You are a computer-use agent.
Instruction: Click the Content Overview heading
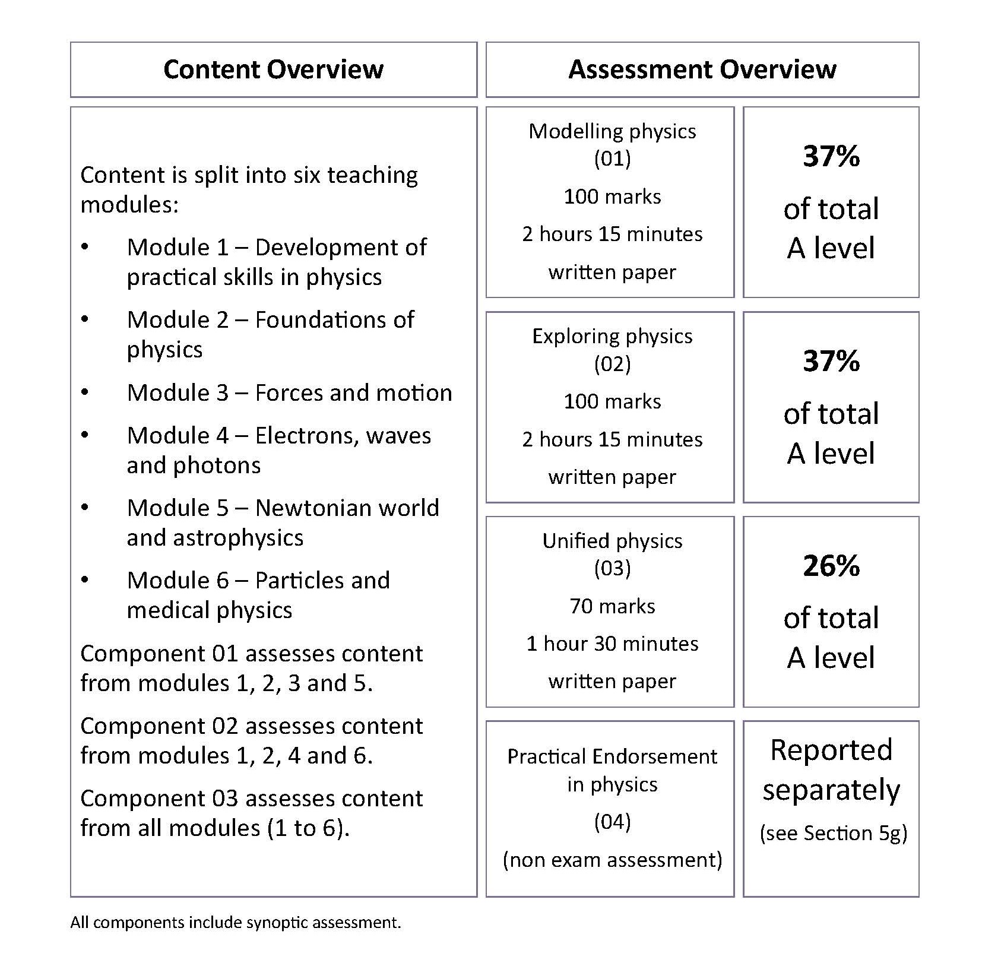click(x=273, y=69)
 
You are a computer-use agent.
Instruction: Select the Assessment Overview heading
click(x=702, y=69)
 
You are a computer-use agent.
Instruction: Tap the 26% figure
click(x=831, y=566)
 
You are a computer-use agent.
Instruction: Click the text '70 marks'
click(x=612, y=606)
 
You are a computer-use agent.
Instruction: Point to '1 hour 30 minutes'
click(x=612, y=644)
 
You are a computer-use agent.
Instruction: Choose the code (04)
click(x=612, y=822)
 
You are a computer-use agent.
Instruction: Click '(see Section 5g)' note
click(x=833, y=833)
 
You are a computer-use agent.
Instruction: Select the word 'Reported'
click(x=831, y=750)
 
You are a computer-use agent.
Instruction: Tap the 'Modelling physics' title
click(x=612, y=131)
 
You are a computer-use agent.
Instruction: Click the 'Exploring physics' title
click(x=612, y=336)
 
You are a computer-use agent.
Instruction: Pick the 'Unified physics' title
click(x=612, y=541)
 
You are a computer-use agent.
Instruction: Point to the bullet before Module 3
click(x=85, y=392)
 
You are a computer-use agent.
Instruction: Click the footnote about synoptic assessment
click(x=236, y=922)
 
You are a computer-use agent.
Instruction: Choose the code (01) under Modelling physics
click(x=612, y=159)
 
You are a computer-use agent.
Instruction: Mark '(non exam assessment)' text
click(x=612, y=859)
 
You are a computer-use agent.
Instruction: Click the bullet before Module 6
click(x=85, y=580)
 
